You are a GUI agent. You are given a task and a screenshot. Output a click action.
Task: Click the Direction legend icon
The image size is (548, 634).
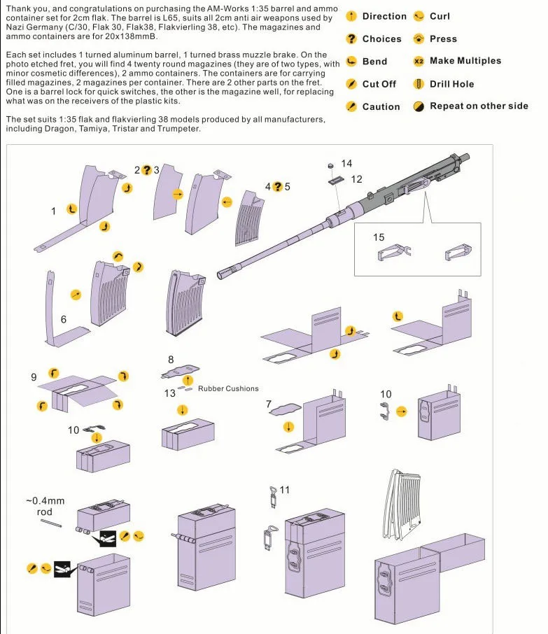click(x=351, y=16)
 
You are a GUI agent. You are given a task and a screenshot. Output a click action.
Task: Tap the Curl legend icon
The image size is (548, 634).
click(x=419, y=16)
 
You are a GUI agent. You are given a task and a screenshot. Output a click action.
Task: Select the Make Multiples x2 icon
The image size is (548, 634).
click(x=419, y=61)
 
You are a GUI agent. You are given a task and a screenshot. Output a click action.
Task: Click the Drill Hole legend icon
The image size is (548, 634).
click(x=419, y=84)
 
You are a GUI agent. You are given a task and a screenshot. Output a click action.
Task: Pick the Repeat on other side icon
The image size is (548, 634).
click(x=419, y=106)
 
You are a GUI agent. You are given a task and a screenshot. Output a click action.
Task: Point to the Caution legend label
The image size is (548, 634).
click(x=381, y=107)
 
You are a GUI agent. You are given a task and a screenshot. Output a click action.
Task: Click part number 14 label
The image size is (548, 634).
click(x=346, y=164)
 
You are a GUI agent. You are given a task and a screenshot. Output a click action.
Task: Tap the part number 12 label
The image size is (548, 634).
click(x=356, y=179)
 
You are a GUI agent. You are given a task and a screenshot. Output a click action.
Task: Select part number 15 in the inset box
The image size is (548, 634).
click(x=379, y=238)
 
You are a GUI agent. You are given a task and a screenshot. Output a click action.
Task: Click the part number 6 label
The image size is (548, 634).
click(x=64, y=319)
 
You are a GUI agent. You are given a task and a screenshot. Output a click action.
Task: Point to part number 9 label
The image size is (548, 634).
click(x=34, y=377)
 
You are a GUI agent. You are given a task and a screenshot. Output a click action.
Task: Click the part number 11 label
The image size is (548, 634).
click(x=284, y=490)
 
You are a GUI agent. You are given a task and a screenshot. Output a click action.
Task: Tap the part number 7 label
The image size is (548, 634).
click(x=268, y=404)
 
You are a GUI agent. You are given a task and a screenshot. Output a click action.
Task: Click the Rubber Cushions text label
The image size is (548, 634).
click(x=228, y=388)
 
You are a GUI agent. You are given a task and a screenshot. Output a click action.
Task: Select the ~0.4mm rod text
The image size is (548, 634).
click(x=45, y=506)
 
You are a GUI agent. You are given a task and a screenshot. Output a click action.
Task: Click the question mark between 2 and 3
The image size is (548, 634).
click(x=146, y=170)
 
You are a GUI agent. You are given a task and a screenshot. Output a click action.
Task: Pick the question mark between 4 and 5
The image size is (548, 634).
click(x=277, y=187)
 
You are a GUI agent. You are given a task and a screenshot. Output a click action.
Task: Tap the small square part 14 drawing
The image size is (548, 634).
click(x=330, y=165)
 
